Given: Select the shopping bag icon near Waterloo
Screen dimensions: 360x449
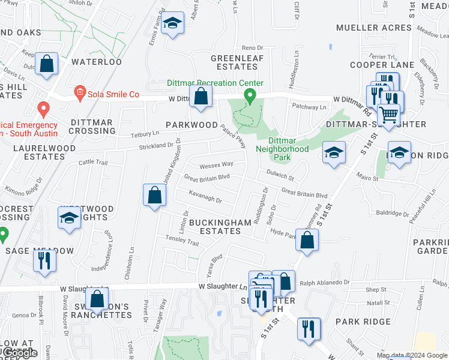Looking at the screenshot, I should point(46,64).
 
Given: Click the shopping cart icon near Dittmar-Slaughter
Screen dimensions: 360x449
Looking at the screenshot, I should point(389,113).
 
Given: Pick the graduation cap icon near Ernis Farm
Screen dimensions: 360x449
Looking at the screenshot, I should point(173,23).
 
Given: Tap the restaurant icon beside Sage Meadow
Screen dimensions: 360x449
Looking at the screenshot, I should point(44,260).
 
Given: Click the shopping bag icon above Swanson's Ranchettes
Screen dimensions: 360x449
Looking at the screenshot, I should point(96,298).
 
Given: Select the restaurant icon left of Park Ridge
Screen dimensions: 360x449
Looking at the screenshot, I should point(309,329).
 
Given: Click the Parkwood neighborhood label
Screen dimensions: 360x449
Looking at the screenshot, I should point(192,125).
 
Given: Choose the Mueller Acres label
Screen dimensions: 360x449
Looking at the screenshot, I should point(373,28).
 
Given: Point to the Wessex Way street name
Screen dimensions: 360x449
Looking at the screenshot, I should point(217,164).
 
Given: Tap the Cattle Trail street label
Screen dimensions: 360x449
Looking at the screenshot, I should point(92,162).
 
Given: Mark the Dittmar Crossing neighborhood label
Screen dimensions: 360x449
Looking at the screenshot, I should point(91,126).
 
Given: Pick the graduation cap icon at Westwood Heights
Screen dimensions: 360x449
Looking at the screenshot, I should point(70,217).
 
